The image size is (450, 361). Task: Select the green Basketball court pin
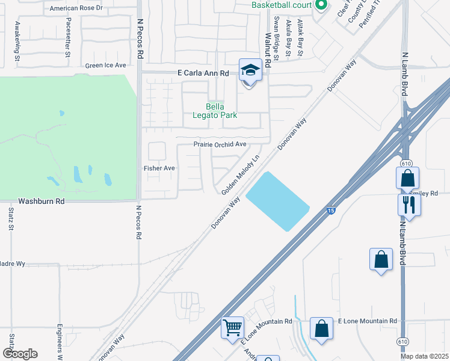(x=321, y=5)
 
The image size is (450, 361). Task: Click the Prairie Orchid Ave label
(x=220, y=144)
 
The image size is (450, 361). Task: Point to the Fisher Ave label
(x=159, y=168)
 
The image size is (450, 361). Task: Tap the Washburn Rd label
(x=41, y=202)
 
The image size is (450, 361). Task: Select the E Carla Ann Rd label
(x=203, y=73)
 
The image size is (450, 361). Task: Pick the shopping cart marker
(x=232, y=328)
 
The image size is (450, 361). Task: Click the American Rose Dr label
(x=76, y=8)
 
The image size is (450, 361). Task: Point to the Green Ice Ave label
(x=106, y=65)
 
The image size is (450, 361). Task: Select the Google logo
(x=20, y=354)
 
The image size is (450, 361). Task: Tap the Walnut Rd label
(x=267, y=38)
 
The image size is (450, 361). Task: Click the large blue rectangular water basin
(x=278, y=201)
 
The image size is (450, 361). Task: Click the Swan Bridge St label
(x=276, y=38)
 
